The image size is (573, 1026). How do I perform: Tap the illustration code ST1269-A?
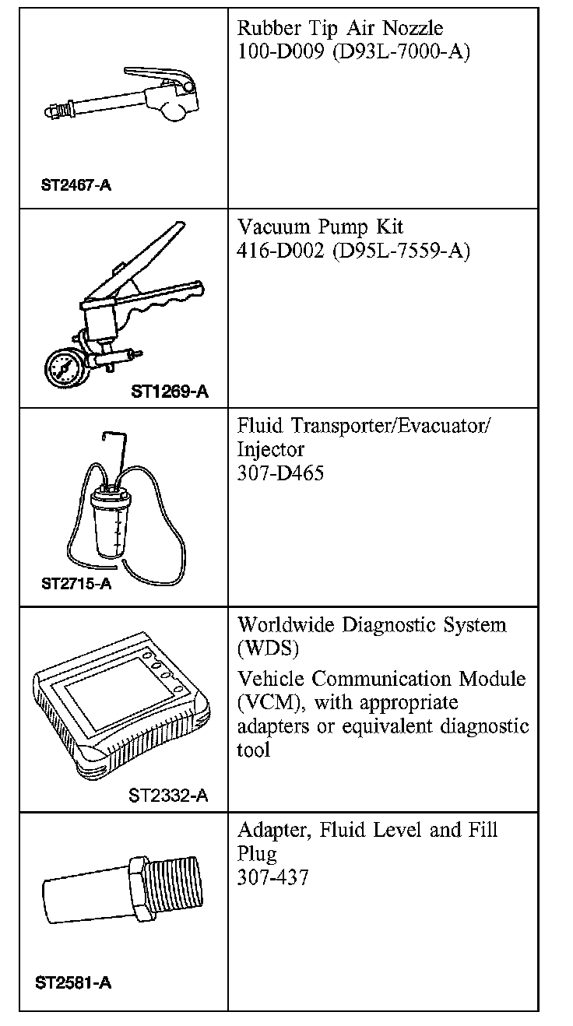pyautogui.click(x=170, y=392)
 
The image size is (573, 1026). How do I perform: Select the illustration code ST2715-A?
pyautogui.click(x=76, y=583)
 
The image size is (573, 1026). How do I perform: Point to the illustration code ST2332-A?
pyautogui.click(x=168, y=795)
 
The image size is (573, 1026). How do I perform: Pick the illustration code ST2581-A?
pyautogui.click(x=73, y=982)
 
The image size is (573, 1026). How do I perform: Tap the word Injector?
pyautogui.click(x=270, y=449)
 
